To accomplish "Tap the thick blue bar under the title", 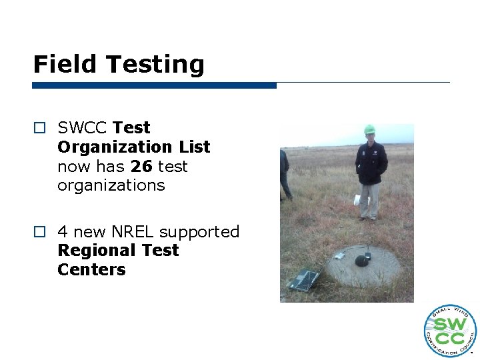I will pos(154,85).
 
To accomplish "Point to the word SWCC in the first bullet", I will pos(83,127).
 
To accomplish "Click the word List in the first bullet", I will pos(194,147).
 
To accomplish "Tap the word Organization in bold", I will pos(115,147).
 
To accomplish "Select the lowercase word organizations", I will pos(111,185).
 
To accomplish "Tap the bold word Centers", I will pos(91,270).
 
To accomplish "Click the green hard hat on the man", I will pos(369,129).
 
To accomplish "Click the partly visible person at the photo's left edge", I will pos(285,173).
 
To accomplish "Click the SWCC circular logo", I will pos(450,331).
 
